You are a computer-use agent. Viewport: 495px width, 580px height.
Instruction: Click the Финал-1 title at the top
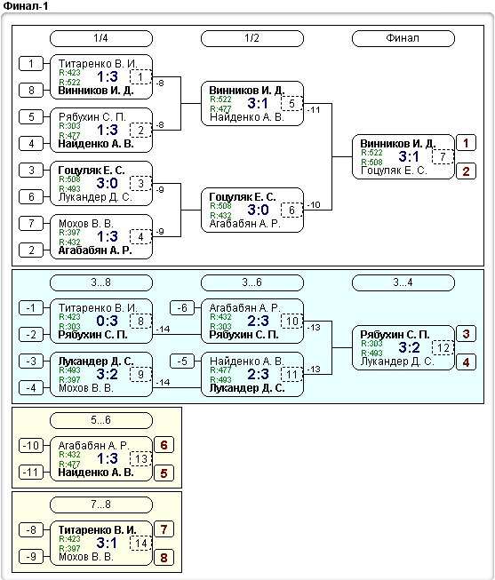[26, 5]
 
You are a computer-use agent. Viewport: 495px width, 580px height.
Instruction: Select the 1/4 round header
[101, 38]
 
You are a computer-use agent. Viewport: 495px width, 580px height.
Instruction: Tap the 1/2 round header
[252, 38]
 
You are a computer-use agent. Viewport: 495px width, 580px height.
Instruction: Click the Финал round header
[403, 38]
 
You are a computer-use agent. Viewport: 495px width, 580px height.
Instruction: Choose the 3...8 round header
[101, 282]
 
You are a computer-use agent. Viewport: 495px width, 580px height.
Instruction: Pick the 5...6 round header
[101, 420]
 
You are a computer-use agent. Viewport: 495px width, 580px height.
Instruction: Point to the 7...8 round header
[101, 505]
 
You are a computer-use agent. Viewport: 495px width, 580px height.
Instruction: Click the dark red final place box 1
[466, 143]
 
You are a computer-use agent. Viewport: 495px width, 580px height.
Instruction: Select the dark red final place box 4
[466, 362]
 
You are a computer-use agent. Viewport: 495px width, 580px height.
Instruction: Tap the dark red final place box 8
[164, 558]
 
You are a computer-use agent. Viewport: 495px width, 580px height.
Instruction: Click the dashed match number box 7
[443, 157]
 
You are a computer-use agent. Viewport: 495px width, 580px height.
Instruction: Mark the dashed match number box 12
[443, 347]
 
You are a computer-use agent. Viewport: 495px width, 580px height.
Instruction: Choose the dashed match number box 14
[140, 543]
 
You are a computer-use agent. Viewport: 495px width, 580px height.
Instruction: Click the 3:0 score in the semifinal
[258, 210]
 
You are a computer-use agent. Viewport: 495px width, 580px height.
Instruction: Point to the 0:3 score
[107, 321]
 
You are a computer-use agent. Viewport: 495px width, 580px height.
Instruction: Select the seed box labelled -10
[31, 445]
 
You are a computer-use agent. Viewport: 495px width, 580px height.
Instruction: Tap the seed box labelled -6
[182, 307]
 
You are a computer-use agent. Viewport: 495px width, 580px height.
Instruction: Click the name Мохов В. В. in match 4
[86, 224]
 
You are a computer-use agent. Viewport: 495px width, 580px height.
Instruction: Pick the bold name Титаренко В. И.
[98, 530]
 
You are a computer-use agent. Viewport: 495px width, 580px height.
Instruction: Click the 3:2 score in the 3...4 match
[409, 347]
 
